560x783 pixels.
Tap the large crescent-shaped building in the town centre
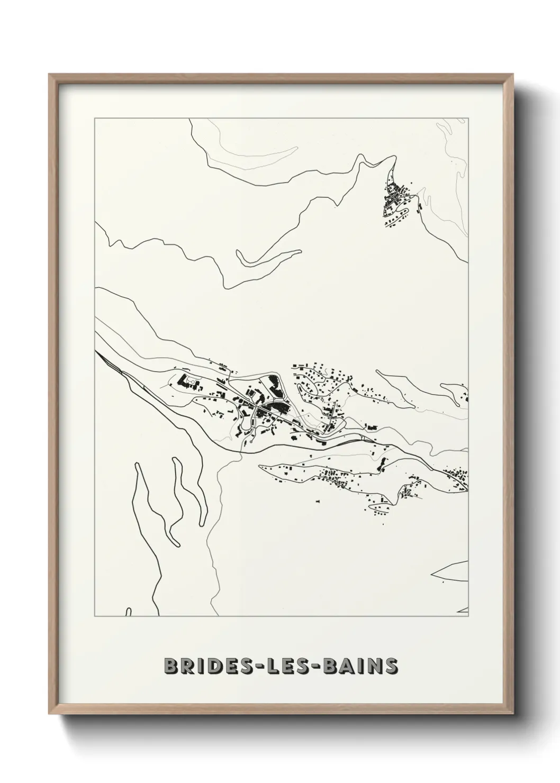(274, 385)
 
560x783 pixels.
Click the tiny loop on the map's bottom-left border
(128, 613)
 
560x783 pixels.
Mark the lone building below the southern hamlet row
(318, 499)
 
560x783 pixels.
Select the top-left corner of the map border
(95, 119)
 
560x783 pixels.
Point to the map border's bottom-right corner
(468, 616)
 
